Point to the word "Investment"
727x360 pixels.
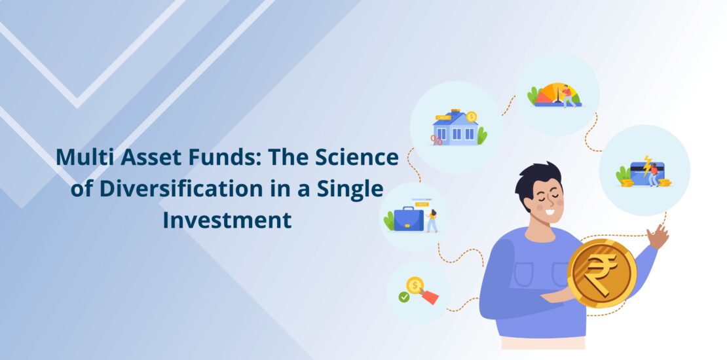tap(227, 221)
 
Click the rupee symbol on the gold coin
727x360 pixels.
tap(601, 275)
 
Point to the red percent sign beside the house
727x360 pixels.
tap(436, 140)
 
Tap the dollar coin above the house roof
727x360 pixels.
tap(472, 117)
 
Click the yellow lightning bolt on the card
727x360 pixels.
tap(647, 166)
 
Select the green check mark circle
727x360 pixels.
tap(404, 297)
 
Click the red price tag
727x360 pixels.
tap(430, 297)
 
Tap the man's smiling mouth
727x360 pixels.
tap(550, 213)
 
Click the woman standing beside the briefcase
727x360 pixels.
tap(432, 221)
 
